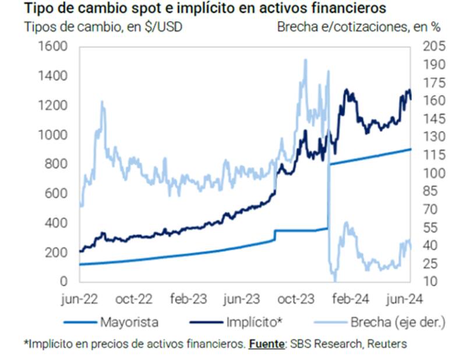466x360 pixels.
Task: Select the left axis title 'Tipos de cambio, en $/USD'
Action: [x=103, y=27]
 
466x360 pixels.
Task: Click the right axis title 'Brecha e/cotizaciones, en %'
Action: [x=359, y=27]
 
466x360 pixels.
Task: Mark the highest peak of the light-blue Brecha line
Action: [x=305, y=59]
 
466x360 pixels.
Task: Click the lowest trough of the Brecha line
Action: [x=334, y=278]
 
